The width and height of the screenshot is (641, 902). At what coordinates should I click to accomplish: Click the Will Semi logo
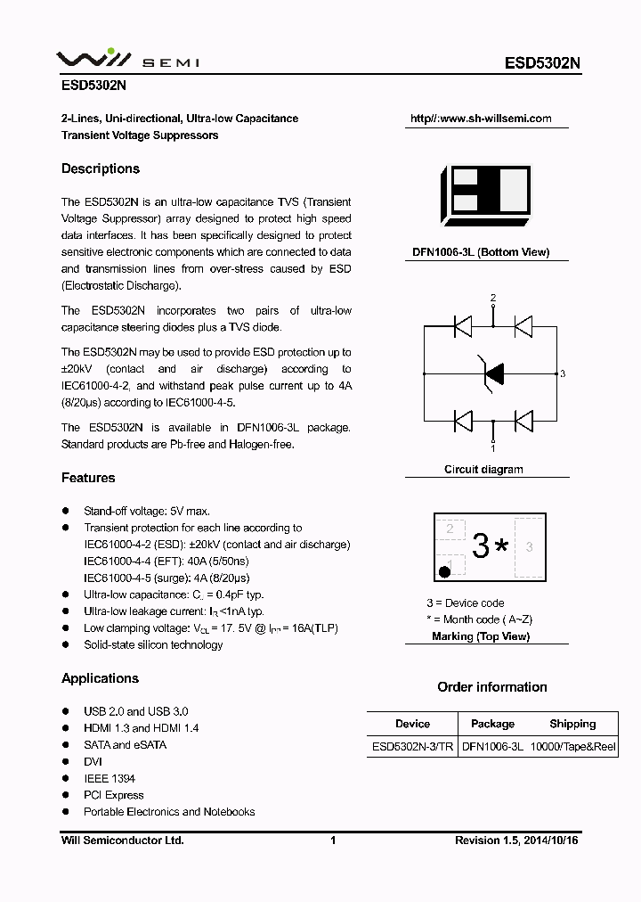coord(127,60)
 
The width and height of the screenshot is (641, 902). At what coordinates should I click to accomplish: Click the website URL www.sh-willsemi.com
coord(481,119)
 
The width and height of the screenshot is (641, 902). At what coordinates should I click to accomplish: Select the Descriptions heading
coord(101,168)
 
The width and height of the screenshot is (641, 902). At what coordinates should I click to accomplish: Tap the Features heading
coord(88,478)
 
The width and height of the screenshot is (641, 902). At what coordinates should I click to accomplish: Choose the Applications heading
coord(100,678)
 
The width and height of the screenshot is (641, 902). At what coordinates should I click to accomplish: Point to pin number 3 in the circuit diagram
coord(563,373)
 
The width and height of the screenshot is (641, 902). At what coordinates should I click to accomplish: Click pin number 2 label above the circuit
coord(493,298)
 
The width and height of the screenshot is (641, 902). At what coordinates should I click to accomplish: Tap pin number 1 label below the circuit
coord(493,448)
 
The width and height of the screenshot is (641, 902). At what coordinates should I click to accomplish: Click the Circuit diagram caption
coord(483,469)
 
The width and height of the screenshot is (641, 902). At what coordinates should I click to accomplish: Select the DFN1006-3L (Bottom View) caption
coord(481,252)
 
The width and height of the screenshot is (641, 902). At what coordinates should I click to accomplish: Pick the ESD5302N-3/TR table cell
coord(411,747)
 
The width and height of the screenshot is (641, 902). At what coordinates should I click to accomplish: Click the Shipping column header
coord(572,724)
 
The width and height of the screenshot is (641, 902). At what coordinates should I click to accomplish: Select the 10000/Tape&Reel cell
coord(573,747)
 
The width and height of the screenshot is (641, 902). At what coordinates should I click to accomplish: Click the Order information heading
coord(492,687)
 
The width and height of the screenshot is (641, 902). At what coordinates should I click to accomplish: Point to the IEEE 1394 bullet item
coord(110,778)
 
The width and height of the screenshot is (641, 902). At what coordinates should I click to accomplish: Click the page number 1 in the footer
coord(333,840)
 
